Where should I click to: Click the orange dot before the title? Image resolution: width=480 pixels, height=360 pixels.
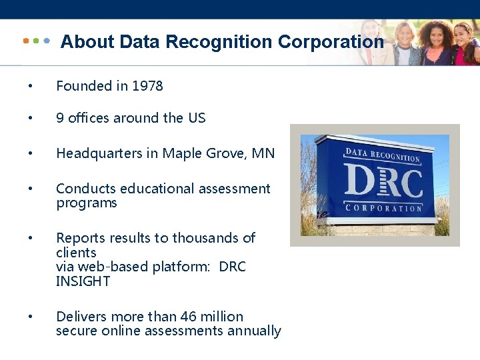[x=25, y=41]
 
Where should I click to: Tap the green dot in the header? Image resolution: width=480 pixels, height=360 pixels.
[x=36, y=41]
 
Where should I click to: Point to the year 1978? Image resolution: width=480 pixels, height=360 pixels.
[x=147, y=86]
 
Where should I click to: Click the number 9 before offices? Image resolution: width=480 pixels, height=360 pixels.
[x=60, y=118]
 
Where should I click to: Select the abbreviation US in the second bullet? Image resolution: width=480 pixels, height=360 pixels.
[x=197, y=118]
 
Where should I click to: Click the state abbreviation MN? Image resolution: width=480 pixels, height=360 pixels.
[x=263, y=154]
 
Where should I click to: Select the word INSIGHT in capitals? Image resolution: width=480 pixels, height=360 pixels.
[x=83, y=281]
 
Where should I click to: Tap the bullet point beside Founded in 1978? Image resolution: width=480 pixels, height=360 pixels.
[x=29, y=87]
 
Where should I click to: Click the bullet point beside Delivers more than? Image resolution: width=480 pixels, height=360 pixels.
[x=29, y=317]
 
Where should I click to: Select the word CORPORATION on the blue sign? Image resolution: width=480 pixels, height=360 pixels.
[x=383, y=207]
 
